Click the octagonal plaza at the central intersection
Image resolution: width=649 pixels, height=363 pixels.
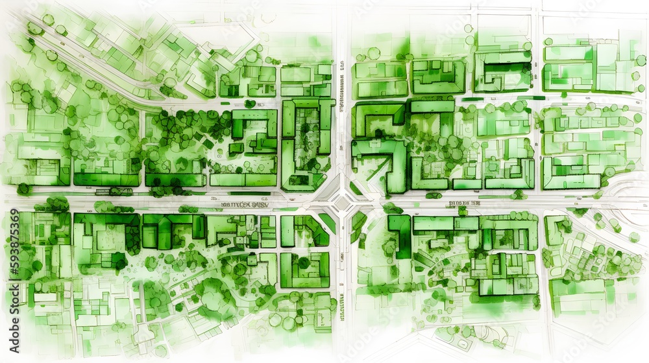click(x=341, y=203)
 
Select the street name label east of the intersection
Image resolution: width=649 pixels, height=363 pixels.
click(x=464, y=203)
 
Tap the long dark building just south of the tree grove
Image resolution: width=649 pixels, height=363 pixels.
click(x=174, y=180)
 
